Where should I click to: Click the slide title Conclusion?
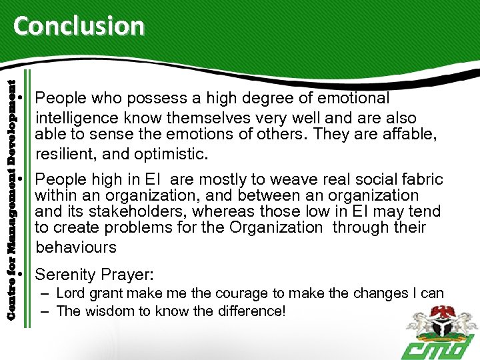point(79,26)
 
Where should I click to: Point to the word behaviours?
point(76,247)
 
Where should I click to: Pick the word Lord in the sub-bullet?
point(71,293)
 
